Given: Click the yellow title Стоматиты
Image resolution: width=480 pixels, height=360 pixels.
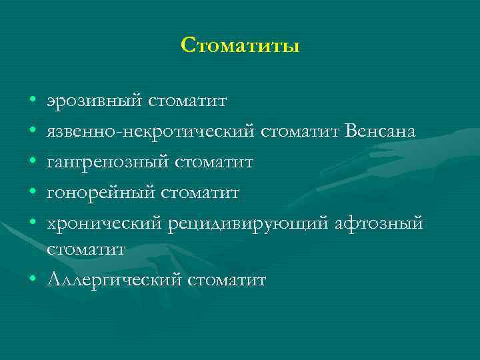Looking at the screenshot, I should click(240, 46).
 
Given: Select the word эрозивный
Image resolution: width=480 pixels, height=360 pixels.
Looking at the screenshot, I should click(95, 101).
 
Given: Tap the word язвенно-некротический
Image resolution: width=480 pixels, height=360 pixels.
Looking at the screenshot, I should click(151, 131).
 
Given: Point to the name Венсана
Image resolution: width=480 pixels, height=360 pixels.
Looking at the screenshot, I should click(381, 131).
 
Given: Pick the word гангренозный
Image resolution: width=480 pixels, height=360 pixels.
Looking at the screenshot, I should click(107, 162).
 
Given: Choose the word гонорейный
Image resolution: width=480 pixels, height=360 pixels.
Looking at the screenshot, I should click(100, 193).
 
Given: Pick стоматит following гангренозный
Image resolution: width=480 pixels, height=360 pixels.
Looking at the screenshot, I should click(213, 162).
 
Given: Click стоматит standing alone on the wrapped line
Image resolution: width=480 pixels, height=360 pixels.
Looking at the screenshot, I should click(86, 250).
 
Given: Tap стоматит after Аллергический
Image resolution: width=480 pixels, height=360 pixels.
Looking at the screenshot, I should click(227, 279).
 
